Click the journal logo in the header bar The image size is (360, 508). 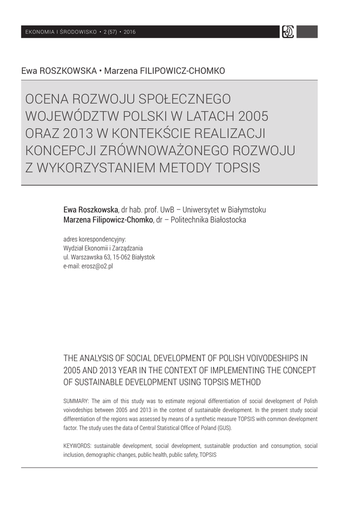pos(288,32)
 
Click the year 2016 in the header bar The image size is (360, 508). pos(130,32)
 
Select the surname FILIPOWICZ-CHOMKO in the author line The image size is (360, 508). pos(164,71)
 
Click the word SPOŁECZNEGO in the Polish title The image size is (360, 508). pos(177,100)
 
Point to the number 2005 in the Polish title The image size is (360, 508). pos(253,117)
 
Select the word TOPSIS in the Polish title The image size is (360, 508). pos(236,167)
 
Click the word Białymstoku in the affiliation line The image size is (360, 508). pos(244,209)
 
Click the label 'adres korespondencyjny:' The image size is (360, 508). pos(94,239)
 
